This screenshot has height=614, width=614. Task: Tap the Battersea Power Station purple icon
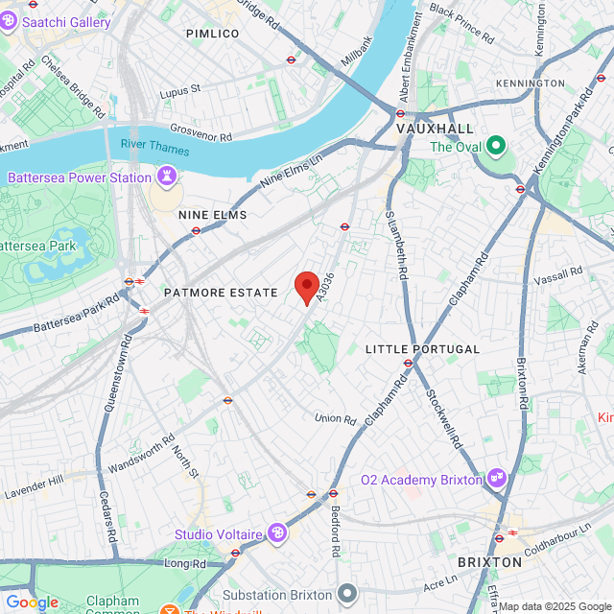click(168, 177)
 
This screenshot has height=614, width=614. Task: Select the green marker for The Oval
click(495, 147)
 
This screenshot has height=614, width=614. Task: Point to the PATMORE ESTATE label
click(221, 292)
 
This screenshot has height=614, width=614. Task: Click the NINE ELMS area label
click(212, 215)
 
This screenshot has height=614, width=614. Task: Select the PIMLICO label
click(212, 34)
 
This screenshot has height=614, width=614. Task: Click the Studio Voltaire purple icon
click(277, 533)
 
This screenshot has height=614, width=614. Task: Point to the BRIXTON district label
click(489, 561)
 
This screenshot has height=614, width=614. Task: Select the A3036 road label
click(327, 284)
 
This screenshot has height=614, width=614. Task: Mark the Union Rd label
click(335, 418)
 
